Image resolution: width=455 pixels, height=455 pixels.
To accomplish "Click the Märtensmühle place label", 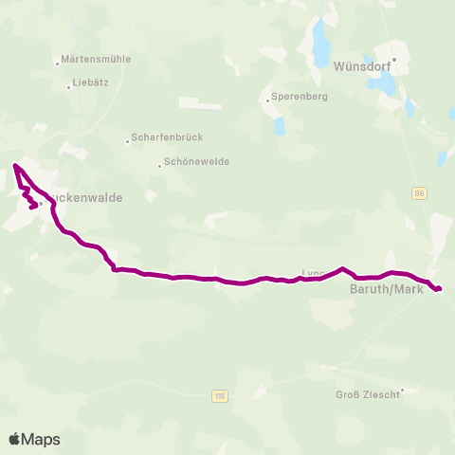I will pyautogui.click(x=95, y=59).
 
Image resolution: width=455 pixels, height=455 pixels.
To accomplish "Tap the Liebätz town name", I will pyautogui.click(x=91, y=82).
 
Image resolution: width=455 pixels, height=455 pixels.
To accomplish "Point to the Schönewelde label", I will pyautogui.click(x=196, y=161).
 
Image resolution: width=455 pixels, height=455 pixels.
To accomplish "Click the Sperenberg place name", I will pyautogui.click(x=299, y=97).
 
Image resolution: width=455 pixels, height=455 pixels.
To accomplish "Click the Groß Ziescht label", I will pyautogui.click(x=367, y=394).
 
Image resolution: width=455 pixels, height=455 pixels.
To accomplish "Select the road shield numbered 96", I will pyautogui.click(x=418, y=192).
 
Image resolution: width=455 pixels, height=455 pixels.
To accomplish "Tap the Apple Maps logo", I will pyautogui.click(x=34, y=439).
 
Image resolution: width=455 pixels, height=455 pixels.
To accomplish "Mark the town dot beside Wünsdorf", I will pyautogui.click(x=394, y=59).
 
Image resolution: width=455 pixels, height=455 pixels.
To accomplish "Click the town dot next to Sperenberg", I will pyautogui.click(x=267, y=97).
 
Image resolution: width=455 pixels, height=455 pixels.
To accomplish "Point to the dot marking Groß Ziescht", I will pyautogui.click(x=403, y=389).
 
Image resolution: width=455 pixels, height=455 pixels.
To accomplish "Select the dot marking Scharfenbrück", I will pyautogui.click(x=128, y=142).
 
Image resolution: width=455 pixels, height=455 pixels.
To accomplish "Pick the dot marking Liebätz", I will pyautogui.click(x=69, y=87).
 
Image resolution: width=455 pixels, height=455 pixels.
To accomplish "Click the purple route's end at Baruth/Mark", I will pyautogui.click(x=440, y=288).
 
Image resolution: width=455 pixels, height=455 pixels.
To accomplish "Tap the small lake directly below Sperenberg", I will pyautogui.click(x=279, y=125).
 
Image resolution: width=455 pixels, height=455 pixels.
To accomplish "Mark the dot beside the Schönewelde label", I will pyautogui.click(x=158, y=167).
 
